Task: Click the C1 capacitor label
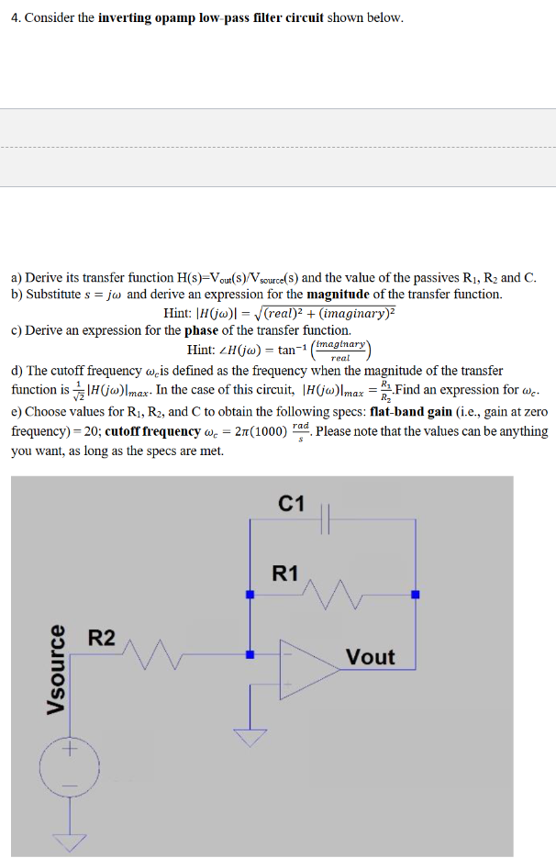point(291,502)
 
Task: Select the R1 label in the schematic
point(285,574)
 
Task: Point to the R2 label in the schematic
point(101,638)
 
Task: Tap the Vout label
point(370,657)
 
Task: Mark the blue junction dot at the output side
point(415,595)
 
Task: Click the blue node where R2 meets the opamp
point(250,654)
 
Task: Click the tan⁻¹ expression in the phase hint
point(291,350)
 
